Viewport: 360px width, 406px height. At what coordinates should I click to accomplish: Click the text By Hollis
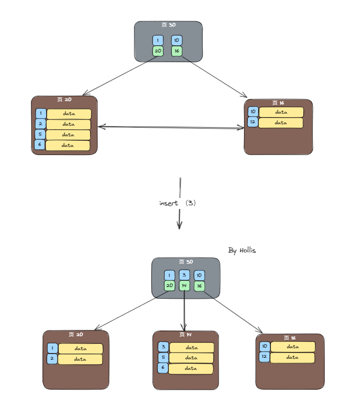[242, 250]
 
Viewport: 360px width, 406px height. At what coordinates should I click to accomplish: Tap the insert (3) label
[178, 203]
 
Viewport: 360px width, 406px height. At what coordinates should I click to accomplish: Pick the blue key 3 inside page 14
[163, 347]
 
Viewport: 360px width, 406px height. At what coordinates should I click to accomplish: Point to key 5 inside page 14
[163, 358]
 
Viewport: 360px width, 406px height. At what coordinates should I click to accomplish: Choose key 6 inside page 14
[163, 368]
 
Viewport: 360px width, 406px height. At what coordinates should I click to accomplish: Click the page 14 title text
[186, 334]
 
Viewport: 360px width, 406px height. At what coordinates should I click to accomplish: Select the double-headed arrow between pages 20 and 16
[171, 128]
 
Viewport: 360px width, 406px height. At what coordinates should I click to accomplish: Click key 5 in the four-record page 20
[40, 135]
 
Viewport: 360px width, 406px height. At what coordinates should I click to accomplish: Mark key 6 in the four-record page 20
[39, 145]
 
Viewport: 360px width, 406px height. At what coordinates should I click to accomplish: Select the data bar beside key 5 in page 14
[191, 358]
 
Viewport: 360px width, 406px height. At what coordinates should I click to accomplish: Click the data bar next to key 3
[192, 347]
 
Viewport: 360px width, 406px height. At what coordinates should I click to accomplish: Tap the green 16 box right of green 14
[199, 286]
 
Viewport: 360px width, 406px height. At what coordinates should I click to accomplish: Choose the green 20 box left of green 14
[169, 286]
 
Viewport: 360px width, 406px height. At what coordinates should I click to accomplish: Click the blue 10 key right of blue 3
[199, 275]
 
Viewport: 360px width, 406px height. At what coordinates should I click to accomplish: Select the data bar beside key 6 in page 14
[191, 368]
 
